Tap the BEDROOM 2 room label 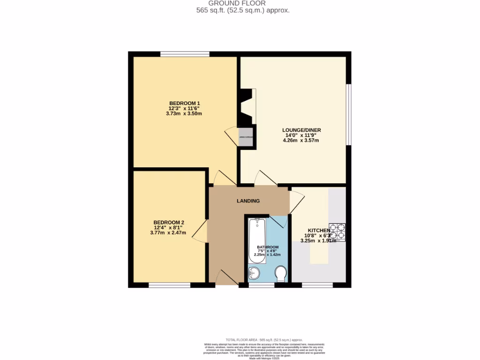tap(169, 222)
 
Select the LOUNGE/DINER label tap(301, 130)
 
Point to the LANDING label tap(248, 201)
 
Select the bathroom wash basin tap(254, 273)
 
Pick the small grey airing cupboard tap(246, 137)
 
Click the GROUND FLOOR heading tap(243, 3)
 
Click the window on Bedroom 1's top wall tap(184, 54)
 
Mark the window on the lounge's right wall tap(348, 114)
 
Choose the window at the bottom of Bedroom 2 tap(169, 285)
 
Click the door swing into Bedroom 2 tap(201, 232)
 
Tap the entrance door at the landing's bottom tap(227, 277)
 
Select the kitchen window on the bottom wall tap(317, 285)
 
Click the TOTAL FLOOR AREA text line tap(264, 339)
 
